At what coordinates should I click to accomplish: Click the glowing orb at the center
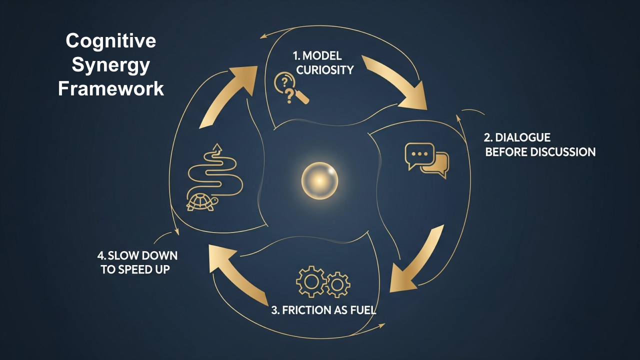(319, 179)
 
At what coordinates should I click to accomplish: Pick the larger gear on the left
(310, 281)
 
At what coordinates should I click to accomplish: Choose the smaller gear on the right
(338, 284)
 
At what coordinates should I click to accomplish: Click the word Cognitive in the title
(110, 41)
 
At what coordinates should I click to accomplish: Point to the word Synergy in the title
(110, 65)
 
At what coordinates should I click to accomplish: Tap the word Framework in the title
(110, 89)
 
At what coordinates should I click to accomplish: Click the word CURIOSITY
(324, 69)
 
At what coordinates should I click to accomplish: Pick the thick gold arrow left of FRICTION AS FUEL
(240, 275)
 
